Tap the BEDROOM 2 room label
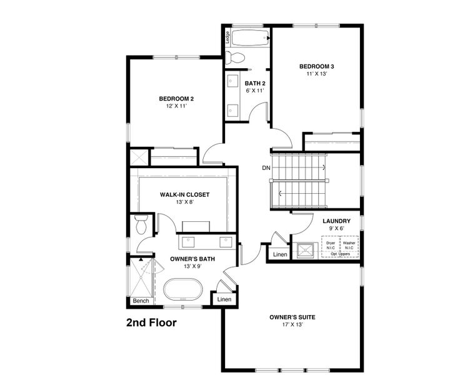tap(176, 99)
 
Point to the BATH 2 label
tap(255, 83)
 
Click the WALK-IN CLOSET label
tap(184, 194)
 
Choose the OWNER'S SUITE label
tap(292, 317)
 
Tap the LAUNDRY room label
tap(336, 221)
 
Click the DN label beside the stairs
tap(266, 169)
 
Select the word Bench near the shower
tap(140, 301)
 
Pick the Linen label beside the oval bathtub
tap(224, 300)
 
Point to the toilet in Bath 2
tap(236, 59)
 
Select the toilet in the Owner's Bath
tap(141, 223)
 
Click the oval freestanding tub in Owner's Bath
tap(183, 291)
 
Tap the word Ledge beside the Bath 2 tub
tap(227, 37)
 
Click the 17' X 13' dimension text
tap(292, 326)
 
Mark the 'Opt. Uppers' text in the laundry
tap(340, 254)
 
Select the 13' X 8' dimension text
tap(184, 202)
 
